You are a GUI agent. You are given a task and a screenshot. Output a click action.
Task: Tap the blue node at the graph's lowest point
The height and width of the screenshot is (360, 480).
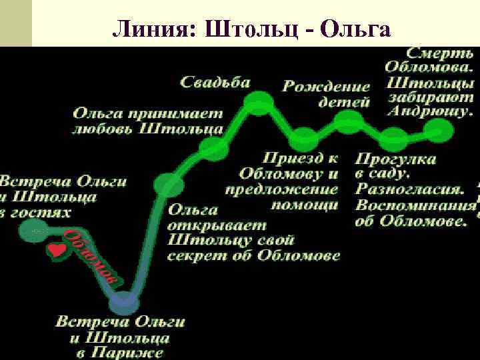coord(124,303)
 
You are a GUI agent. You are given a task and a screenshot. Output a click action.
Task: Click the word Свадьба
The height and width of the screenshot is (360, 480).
coord(215,83)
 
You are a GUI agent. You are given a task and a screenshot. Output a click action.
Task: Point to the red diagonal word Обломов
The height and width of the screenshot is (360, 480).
coord(93,257)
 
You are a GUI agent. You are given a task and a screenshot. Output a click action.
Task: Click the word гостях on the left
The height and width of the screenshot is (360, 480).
coord(45,212)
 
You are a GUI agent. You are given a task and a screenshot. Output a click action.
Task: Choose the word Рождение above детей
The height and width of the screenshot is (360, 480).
coord(326,87)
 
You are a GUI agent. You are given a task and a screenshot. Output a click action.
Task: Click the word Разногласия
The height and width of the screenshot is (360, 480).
coord(409,190)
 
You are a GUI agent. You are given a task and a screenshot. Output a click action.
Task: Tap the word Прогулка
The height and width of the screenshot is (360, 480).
coord(395,159)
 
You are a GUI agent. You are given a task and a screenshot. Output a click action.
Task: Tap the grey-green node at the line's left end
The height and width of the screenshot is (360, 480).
coord(32,231)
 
